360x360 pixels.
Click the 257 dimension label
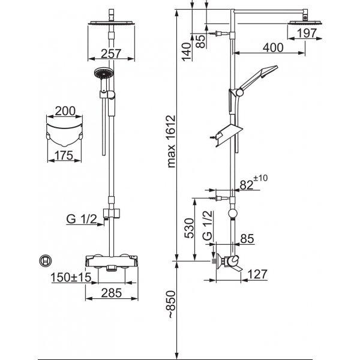(111, 54)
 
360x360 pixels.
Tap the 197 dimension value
(307, 33)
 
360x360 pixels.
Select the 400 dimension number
(273, 48)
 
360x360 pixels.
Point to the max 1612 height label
(171, 142)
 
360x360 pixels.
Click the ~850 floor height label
(172, 304)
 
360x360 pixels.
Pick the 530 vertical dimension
(190, 228)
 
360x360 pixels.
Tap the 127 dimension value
(257, 274)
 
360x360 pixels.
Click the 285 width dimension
(112, 293)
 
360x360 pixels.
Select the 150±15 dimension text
(71, 277)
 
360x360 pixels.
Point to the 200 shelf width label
(65, 111)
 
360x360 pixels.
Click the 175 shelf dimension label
(64, 155)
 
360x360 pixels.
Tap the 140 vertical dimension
(187, 52)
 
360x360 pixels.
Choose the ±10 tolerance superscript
(260, 178)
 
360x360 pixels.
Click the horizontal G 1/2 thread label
(82, 219)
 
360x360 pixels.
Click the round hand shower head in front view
(104, 73)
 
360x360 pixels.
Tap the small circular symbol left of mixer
(45, 261)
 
